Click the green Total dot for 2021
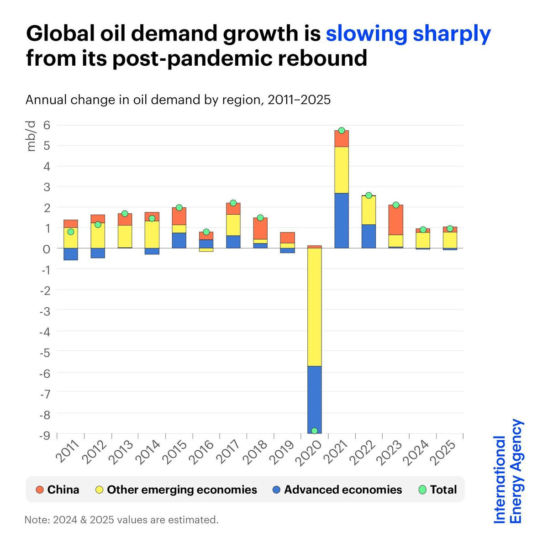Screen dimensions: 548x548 [x=342, y=131]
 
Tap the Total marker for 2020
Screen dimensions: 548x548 [x=314, y=431]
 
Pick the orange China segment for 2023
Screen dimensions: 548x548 [x=396, y=220]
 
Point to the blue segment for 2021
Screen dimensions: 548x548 [x=342, y=221]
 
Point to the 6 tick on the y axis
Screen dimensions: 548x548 [x=47, y=125]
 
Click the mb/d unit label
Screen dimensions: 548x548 [x=31, y=137]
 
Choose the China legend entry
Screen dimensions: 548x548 [x=58, y=490]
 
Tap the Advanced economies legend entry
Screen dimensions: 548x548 [x=337, y=490]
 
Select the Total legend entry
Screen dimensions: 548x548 [x=437, y=490]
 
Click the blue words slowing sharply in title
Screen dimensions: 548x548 [x=408, y=34]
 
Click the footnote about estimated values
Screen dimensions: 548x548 [x=122, y=520]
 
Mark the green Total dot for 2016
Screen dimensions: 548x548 [x=206, y=232]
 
